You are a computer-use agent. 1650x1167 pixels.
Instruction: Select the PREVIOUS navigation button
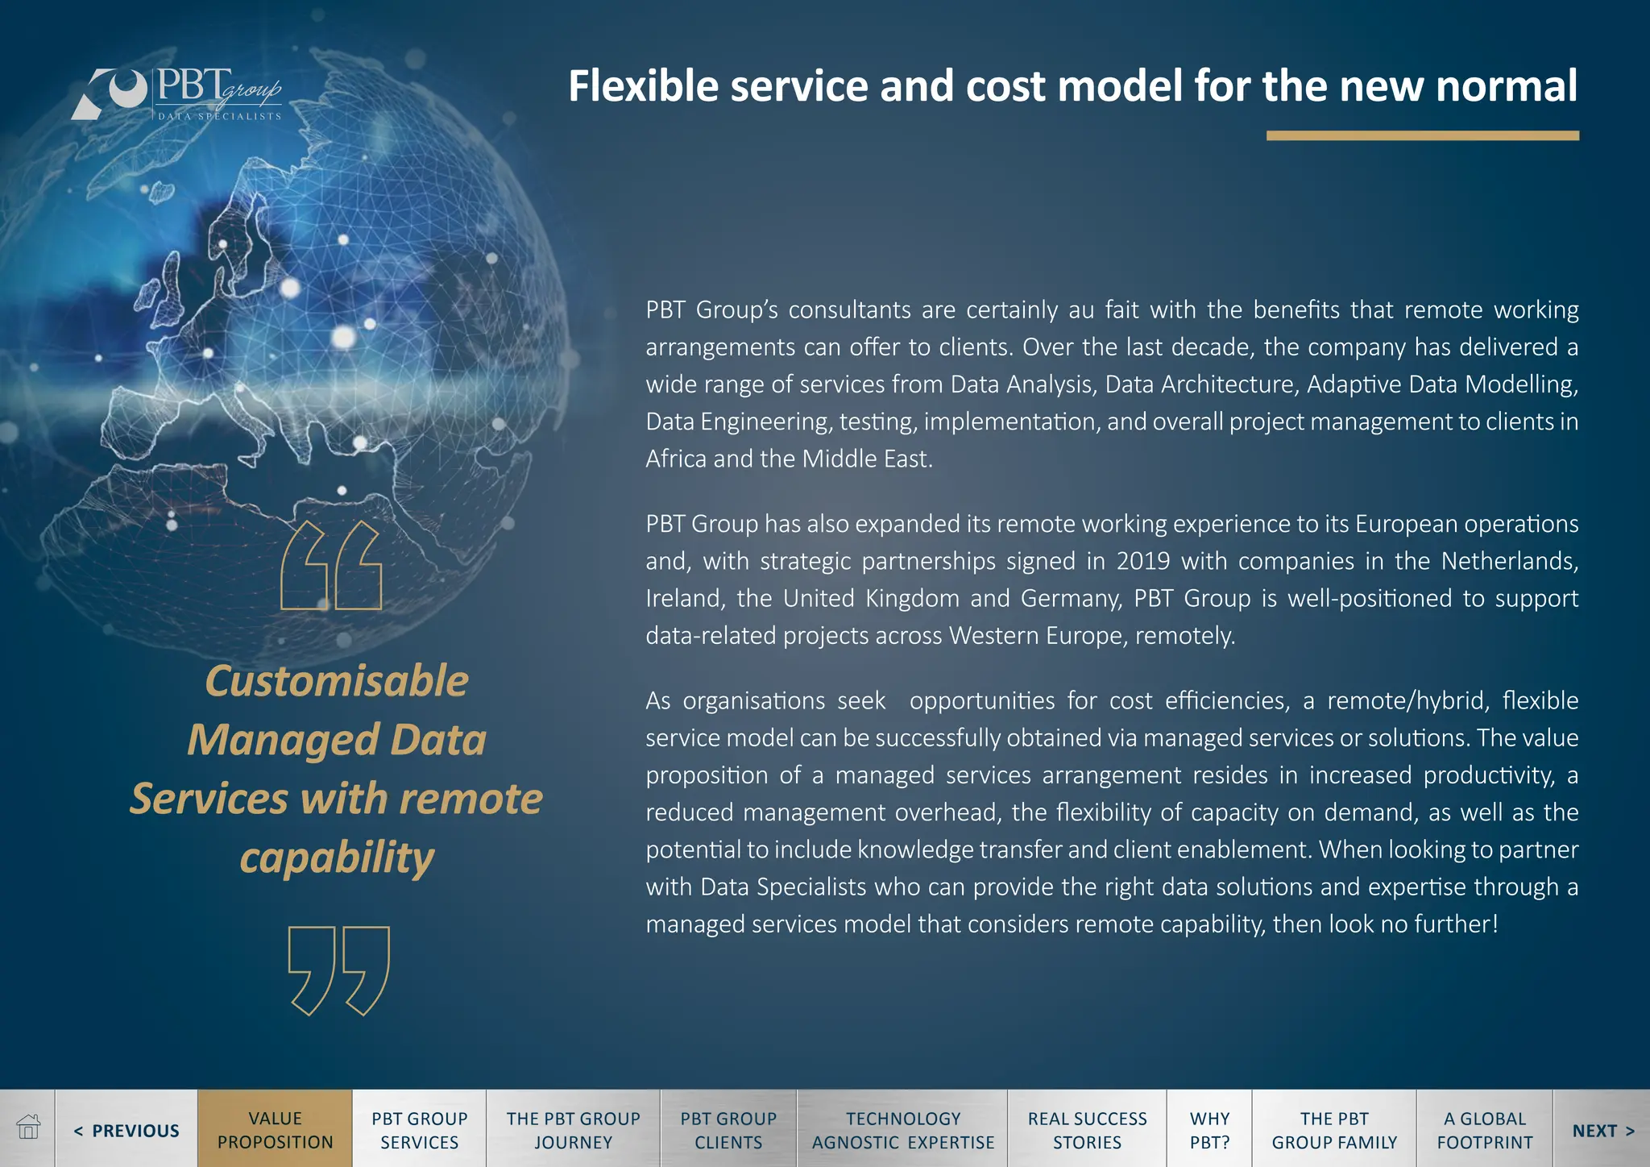pos(126,1130)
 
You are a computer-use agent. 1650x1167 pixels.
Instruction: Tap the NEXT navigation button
pos(1602,1130)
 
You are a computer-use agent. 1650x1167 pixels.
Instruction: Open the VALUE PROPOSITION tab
pos(275,1130)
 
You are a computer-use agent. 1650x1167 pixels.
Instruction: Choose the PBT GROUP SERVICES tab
pos(419,1130)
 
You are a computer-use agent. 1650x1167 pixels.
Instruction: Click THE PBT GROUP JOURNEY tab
pos(573,1130)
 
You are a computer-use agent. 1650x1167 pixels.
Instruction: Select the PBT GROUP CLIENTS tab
pos(728,1130)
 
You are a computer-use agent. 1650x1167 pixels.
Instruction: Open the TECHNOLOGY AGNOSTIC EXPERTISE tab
pos(902,1130)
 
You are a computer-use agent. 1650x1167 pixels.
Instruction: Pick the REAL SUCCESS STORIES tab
pos(1087,1130)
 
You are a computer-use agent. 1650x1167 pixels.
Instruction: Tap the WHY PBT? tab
pos(1209,1130)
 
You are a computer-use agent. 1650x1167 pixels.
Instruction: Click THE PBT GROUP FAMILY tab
pos(1334,1130)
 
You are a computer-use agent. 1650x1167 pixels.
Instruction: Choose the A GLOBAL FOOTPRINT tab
pos(1484,1130)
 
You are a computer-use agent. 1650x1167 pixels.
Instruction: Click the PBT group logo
pos(177,93)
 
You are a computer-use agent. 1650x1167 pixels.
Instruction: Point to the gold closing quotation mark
pos(339,970)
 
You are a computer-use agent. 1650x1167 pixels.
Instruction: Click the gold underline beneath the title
pos(1422,135)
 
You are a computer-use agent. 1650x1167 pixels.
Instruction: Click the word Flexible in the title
pos(643,86)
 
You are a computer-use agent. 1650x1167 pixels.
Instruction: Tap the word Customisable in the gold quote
pos(337,681)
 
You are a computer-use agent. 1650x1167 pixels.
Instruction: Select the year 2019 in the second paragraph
pos(1142,561)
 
